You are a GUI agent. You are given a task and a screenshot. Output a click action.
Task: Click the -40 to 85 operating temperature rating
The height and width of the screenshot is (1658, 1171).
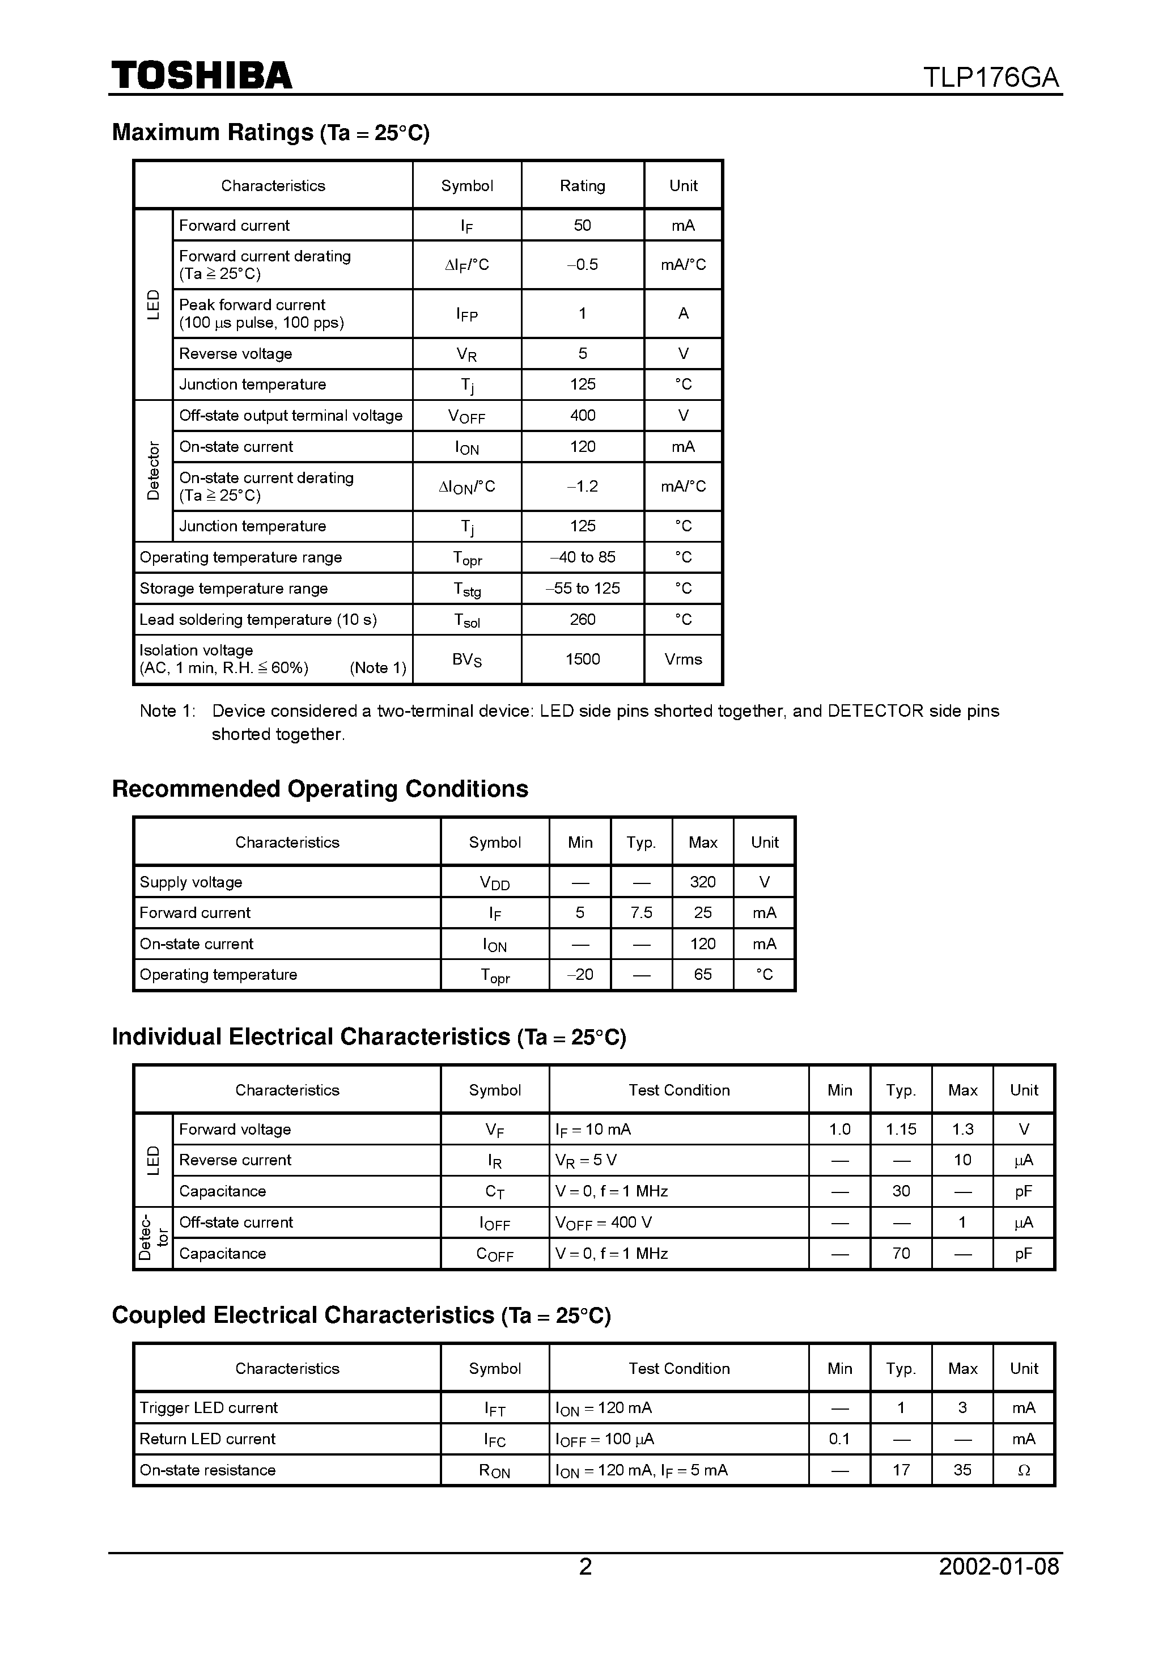click(582, 557)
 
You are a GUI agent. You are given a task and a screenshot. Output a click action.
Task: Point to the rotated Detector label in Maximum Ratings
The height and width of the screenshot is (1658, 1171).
click(154, 471)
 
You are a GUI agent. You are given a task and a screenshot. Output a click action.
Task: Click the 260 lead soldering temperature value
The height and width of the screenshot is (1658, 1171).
click(582, 620)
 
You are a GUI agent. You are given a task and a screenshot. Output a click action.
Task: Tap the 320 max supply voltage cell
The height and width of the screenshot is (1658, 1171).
click(702, 882)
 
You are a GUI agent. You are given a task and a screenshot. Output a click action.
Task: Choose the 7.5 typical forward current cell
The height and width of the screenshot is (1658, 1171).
click(640, 913)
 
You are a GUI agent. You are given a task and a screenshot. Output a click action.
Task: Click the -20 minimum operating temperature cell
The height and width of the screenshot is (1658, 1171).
click(580, 975)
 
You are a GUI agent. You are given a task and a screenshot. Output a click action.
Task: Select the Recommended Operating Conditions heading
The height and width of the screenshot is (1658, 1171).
click(320, 789)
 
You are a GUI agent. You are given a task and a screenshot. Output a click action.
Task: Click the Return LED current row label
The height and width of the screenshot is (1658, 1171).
click(207, 1439)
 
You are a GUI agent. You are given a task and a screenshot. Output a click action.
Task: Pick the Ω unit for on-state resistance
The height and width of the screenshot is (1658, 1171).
click(1023, 1470)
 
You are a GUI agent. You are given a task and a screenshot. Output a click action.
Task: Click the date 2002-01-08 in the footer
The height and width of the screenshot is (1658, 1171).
click(999, 1566)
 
